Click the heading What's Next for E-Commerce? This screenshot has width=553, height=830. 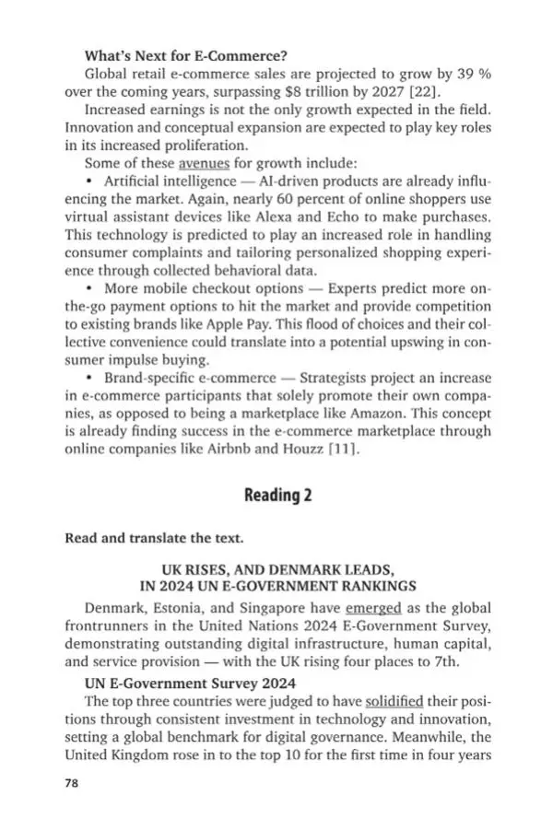[172, 54]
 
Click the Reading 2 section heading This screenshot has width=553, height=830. [277, 496]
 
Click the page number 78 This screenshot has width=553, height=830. [73, 784]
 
